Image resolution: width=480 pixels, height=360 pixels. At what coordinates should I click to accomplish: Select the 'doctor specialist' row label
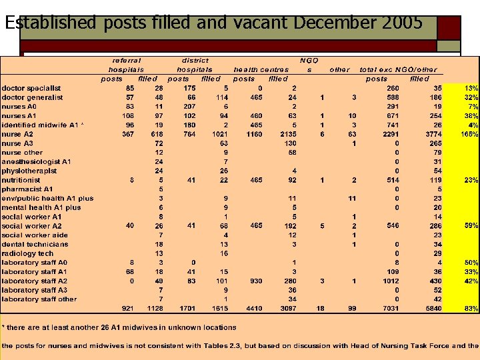[x=31, y=88]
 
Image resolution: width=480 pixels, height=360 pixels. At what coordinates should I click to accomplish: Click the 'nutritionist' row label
[x=21, y=180]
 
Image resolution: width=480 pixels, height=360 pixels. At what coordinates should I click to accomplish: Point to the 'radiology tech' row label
[x=27, y=253]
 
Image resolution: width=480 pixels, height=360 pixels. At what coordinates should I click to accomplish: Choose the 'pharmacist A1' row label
[x=27, y=189]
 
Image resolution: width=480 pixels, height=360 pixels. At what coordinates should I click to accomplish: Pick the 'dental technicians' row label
[x=35, y=245]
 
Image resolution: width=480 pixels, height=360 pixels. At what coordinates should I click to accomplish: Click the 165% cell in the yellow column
[x=469, y=134]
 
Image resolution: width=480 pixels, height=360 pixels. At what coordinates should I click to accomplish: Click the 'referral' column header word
[x=127, y=60]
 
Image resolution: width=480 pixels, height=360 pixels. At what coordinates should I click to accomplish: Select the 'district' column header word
[x=195, y=60]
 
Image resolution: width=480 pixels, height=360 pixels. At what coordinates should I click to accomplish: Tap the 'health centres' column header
[x=261, y=69]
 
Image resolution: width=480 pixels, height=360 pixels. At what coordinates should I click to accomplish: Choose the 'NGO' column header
[x=309, y=60]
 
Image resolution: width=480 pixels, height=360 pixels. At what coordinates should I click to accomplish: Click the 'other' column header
[x=339, y=69]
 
